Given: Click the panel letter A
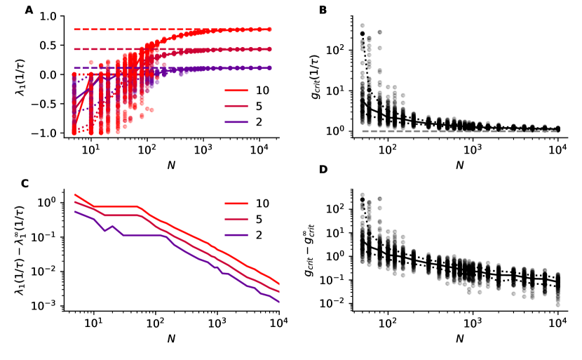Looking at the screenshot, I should pyautogui.click(x=29, y=9).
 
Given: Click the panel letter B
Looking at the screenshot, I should pyautogui.click(x=323, y=9).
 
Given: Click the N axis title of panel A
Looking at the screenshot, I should pyautogui.click(x=171, y=166).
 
